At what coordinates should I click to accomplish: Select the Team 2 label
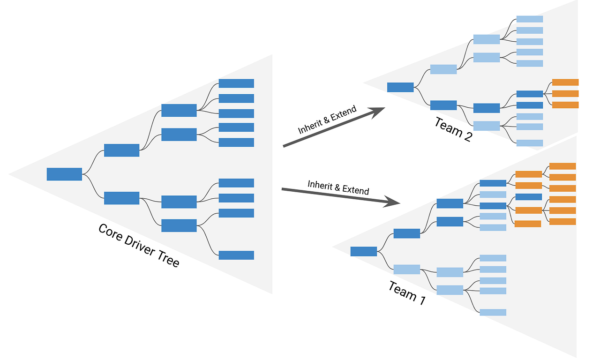pos(452,129)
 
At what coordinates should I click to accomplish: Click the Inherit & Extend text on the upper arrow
pos(327,120)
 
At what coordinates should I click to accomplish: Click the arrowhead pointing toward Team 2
pos(377,111)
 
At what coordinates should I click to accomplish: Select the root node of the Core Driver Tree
pos(64,174)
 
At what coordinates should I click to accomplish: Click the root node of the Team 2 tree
pos(400,87)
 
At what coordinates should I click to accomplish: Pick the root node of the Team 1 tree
pos(364,251)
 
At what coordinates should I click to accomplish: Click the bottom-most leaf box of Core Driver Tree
pos(236,255)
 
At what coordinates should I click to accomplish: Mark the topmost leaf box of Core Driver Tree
pos(236,83)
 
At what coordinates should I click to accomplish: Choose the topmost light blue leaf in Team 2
pos(530,19)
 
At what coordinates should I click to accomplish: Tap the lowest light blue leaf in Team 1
pos(493,312)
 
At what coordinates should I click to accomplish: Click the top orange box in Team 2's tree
pos(565,82)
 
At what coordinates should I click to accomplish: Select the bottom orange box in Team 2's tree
pos(565,105)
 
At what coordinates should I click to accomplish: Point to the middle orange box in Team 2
pos(565,94)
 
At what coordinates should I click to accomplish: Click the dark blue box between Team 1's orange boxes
pos(528,197)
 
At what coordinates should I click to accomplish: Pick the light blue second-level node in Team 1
pos(406,269)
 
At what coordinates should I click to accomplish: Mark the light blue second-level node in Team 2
pos(443,69)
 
